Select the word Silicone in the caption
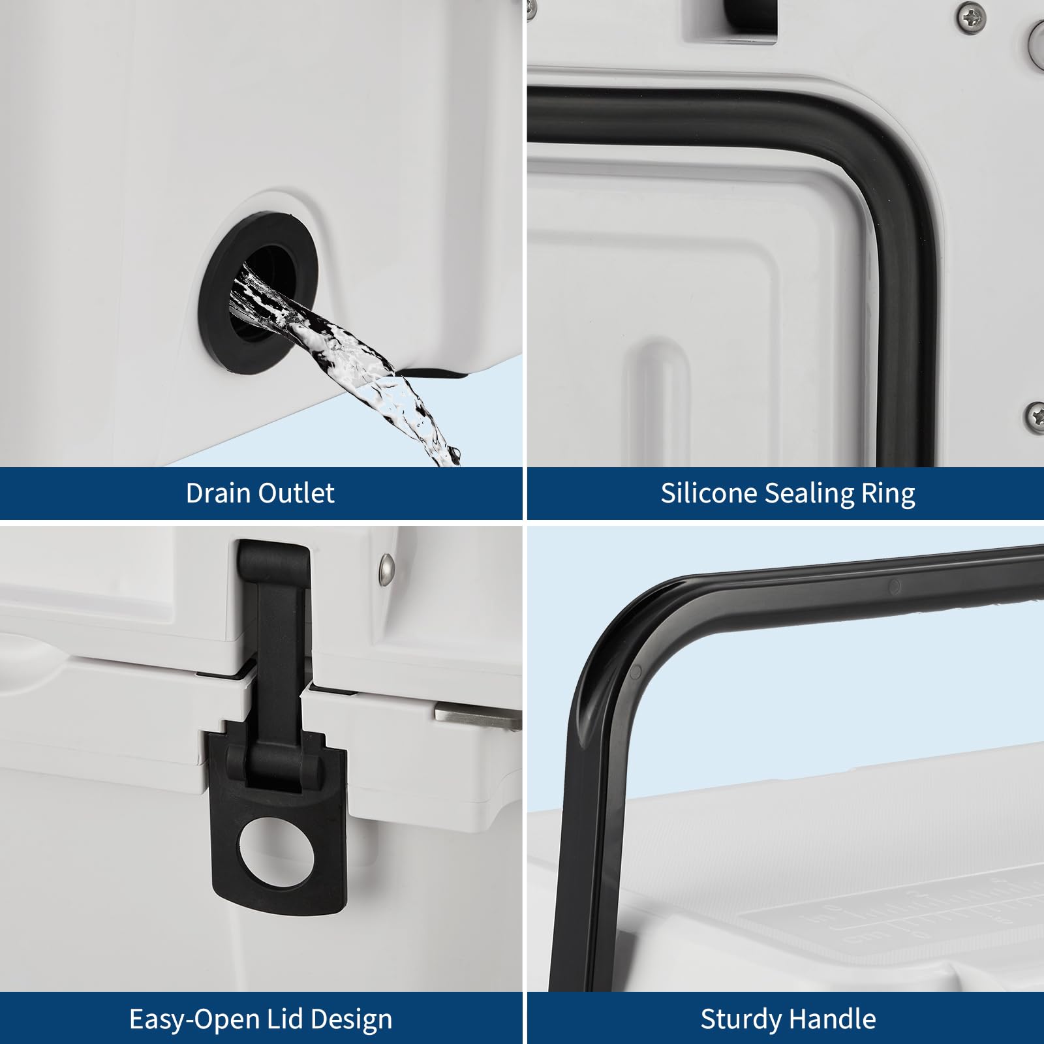coord(709,493)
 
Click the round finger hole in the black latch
coord(277,853)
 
